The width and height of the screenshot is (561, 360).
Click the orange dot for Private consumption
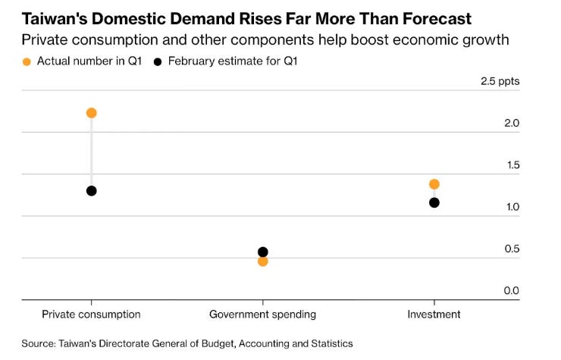pyautogui.click(x=92, y=113)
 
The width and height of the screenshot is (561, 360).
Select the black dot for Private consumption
pyautogui.click(x=92, y=191)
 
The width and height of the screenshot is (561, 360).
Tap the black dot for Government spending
pyautogui.click(x=263, y=252)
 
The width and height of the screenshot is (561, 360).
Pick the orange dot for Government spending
pyautogui.click(x=263, y=261)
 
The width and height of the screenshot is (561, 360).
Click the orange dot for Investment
pyautogui.click(x=434, y=184)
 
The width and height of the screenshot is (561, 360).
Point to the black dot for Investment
pyautogui.click(x=434, y=203)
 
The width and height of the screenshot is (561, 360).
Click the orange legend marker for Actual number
pyautogui.click(x=27, y=62)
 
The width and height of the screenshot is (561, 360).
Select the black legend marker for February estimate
pyautogui.click(x=158, y=62)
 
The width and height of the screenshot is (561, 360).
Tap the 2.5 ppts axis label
pyautogui.click(x=500, y=82)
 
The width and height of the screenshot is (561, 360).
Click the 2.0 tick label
pyautogui.click(x=512, y=123)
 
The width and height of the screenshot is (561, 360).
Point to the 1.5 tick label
pyautogui.click(x=512, y=165)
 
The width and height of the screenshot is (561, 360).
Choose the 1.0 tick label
pyautogui.click(x=512, y=207)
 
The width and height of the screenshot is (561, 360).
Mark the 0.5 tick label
pyautogui.click(x=512, y=249)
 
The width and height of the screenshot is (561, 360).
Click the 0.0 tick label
pyautogui.click(x=511, y=290)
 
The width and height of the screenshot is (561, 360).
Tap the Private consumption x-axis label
pyautogui.click(x=91, y=315)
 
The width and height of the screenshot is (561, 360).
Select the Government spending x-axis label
pyautogui.click(x=262, y=315)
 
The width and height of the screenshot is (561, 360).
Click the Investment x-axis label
pyautogui.click(x=434, y=315)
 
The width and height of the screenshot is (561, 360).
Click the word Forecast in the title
pyautogui.click(x=437, y=19)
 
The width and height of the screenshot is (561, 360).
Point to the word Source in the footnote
pyautogui.click(x=38, y=344)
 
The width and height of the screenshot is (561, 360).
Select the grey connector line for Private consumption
pyautogui.click(x=92, y=152)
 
